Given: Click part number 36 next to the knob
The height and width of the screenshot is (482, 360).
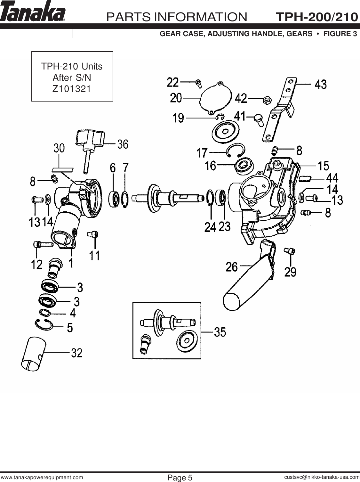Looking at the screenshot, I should [x=123, y=144].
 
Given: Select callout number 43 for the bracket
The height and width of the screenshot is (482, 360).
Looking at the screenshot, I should [x=321, y=85].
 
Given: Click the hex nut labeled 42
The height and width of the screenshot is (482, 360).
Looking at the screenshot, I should [x=265, y=100].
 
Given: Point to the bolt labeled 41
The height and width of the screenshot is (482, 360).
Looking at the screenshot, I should [x=258, y=119].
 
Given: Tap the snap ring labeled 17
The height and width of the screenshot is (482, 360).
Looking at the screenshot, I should [x=236, y=151].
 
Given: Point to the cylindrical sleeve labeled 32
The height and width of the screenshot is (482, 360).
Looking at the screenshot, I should [x=33, y=354].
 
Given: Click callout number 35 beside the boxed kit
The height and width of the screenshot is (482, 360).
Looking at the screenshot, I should [x=220, y=332].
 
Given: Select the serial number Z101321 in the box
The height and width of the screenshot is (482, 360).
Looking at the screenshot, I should [x=72, y=89].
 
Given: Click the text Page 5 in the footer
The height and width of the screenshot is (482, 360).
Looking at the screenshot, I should [x=180, y=478].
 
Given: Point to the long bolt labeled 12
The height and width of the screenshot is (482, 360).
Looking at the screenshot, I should [x=43, y=245].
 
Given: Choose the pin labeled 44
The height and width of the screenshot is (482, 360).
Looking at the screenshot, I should [x=305, y=178].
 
